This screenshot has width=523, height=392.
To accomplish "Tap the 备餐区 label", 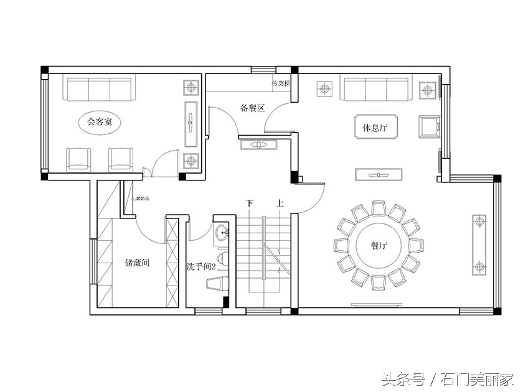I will (252, 108).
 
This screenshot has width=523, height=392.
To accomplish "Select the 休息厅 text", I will (375, 128).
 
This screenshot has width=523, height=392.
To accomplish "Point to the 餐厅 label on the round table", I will (379, 246).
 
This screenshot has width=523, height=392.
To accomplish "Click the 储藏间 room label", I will (137, 263).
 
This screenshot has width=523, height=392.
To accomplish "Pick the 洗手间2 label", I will (200, 266).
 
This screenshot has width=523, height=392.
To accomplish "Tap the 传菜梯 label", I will (280, 83).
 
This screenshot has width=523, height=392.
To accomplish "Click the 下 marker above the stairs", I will (250, 203).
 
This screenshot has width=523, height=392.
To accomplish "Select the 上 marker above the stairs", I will (280, 203).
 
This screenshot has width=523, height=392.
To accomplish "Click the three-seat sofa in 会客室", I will (99, 89).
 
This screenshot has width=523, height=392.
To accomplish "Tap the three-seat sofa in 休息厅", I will (375, 89).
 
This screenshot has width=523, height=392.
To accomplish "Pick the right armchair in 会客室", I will (120, 159).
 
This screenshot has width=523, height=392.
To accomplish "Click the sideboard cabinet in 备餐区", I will (258, 145).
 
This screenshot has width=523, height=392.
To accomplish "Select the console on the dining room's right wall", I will (479, 245).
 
